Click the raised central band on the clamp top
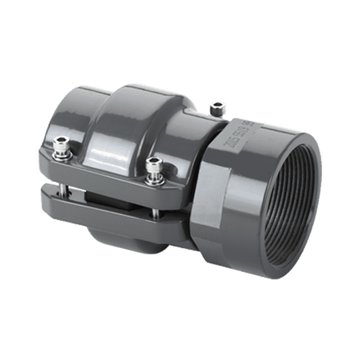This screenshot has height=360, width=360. [138, 122]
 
